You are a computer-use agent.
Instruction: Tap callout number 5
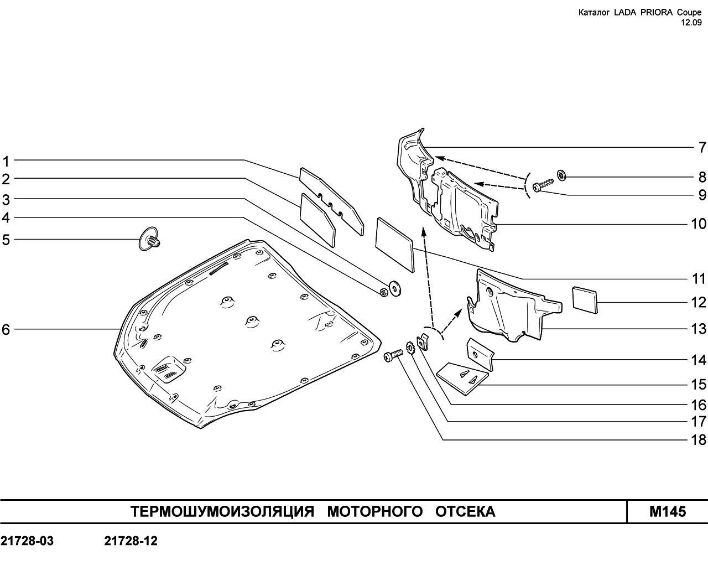pyautogui.click(x=6, y=240)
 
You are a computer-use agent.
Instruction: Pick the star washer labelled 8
pyautogui.click(x=561, y=175)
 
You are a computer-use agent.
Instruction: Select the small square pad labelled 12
pyautogui.click(x=585, y=300)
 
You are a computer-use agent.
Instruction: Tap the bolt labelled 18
pyautogui.click(x=393, y=356)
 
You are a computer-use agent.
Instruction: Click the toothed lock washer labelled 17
pyautogui.click(x=410, y=348)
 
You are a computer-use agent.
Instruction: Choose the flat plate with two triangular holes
pyautogui.click(x=462, y=379)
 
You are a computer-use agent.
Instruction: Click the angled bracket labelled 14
pyautogui.click(x=480, y=354)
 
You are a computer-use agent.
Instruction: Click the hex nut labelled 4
pyautogui.click(x=384, y=292)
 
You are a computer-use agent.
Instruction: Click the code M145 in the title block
pyautogui.click(x=668, y=512)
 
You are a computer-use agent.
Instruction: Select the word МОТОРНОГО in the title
pyautogui.click(x=375, y=512)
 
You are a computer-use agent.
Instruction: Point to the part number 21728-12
pyautogui.click(x=131, y=541)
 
